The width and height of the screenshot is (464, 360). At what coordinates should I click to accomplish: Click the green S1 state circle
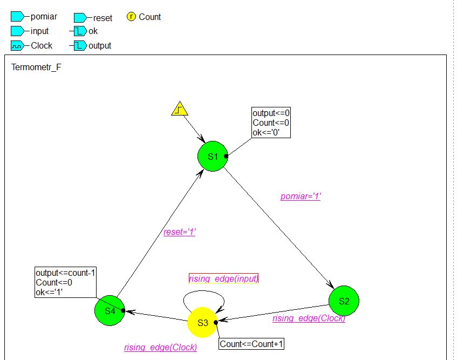pyautogui.click(x=213, y=157)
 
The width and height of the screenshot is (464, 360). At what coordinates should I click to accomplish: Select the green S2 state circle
pyautogui.click(x=344, y=301)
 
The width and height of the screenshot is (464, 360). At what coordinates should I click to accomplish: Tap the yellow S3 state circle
pyautogui.click(x=202, y=322)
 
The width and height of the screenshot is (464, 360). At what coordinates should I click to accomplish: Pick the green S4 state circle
pyautogui.click(x=110, y=310)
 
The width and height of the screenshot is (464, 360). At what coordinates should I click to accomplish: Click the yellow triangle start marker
pyautogui.click(x=179, y=109)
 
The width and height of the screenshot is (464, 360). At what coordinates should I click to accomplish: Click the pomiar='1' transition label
pyautogui.click(x=301, y=196)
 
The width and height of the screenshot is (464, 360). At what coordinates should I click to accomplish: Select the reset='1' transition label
pyautogui.click(x=180, y=232)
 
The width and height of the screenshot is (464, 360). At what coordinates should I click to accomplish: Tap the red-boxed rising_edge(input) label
pyautogui.click(x=224, y=279)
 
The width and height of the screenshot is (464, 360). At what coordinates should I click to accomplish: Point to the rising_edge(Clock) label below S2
pyautogui.click(x=309, y=318)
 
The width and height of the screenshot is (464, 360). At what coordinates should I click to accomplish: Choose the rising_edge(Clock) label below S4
pyautogui.click(x=160, y=347)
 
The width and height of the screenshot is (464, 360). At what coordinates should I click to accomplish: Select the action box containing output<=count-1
pyautogui.click(x=65, y=282)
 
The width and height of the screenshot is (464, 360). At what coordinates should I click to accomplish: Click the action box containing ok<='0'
pyautogui.click(x=271, y=123)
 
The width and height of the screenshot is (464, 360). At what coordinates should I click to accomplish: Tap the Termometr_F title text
pyautogui.click(x=36, y=68)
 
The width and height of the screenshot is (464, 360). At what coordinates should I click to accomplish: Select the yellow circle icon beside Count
pyautogui.click(x=131, y=17)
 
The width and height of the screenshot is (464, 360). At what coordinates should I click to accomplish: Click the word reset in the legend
pyautogui.click(x=103, y=18)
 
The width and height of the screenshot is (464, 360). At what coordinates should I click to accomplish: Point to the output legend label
pyautogui.click(x=100, y=46)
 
